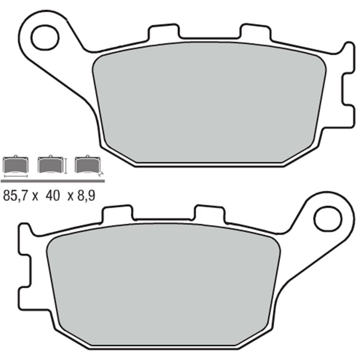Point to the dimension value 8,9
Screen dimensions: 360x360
[85, 196]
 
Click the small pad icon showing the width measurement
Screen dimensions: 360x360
[15, 166]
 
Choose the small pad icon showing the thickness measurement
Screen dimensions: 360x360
[87, 166]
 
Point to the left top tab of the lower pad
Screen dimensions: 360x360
[118, 213]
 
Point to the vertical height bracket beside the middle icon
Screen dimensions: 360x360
[66, 166]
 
